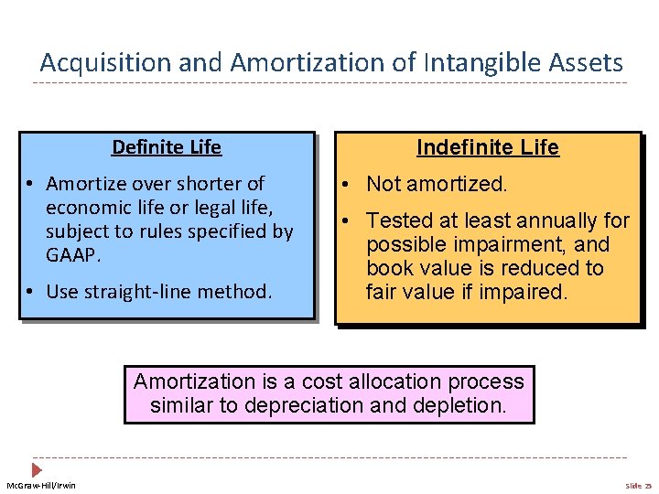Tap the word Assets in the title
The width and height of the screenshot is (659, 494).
pos(586,63)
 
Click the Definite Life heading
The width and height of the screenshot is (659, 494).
pos(167,147)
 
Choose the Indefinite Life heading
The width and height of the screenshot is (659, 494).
pos(487,148)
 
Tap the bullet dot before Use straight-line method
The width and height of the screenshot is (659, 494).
pos(30,293)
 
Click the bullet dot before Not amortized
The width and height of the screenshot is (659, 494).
pos(351,185)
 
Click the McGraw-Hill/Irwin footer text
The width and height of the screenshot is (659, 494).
pos(42,485)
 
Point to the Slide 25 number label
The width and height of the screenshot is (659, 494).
pos(638,485)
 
